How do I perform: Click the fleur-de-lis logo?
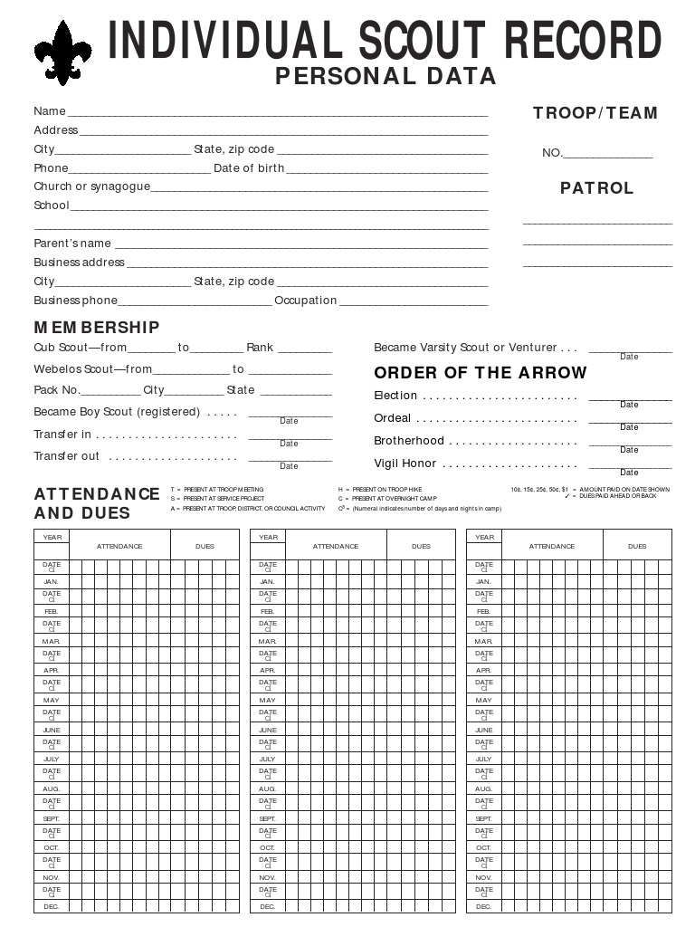tap(63, 53)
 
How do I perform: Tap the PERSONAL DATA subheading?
tap(386, 76)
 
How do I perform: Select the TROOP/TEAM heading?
tap(595, 113)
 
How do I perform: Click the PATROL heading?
tap(596, 188)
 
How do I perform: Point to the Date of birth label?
tap(249, 168)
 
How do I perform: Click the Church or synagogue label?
tap(91, 186)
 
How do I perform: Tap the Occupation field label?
tap(306, 301)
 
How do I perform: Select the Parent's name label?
tap(72, 244)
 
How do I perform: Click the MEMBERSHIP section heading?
tap(97, 327)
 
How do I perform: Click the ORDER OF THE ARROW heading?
tap(481, 373)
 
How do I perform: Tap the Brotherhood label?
tap(409, 441)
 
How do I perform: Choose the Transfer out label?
tap(66, 456)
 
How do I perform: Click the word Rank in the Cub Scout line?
tap(260, 348)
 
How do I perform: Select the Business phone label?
tap(76, 301)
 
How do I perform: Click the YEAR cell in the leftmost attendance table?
tap(52, 537)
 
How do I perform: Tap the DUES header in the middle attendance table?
tap(421, 546)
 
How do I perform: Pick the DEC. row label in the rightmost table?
tap(484, 906)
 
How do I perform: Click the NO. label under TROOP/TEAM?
tap(552, 153)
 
